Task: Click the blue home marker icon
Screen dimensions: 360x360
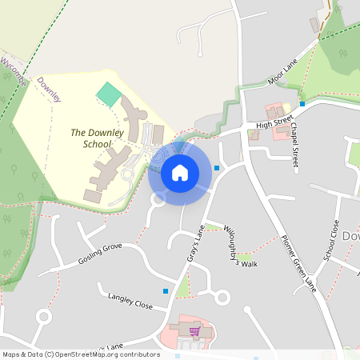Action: pyautogui.click(x=180, y=173)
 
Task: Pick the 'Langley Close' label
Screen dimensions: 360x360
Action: pyautogui.click(x=130, y=300)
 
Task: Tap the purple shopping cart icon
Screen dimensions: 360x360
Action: pyautogui.click(x=194, y=330)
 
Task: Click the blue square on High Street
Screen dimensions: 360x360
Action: pyautogui.click(x=302, y=104)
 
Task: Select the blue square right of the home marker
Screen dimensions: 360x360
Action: pyautogui.click(x=217, y=168)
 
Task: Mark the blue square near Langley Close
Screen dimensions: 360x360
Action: pyautogui.click(x=166, y=290)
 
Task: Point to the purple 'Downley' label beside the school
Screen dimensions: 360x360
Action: pyautogui.click(x=49, y=89)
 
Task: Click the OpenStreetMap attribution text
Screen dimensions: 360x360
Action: pyautogui.click(x=81, y=354)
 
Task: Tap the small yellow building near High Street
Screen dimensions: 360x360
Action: pyautogui.click(x=287, y=108)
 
